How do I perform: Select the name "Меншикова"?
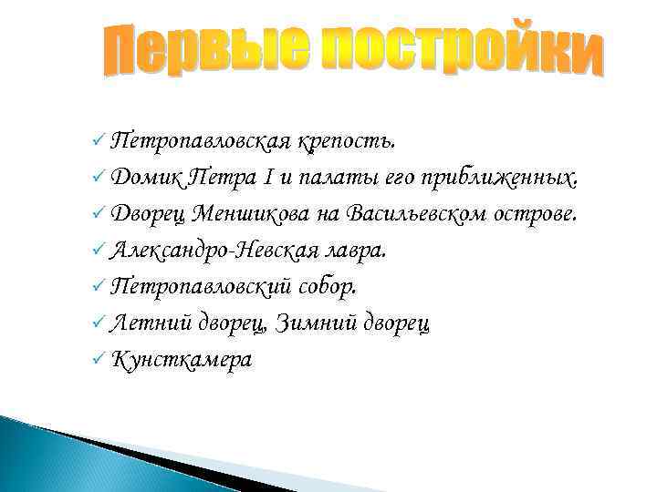[x=265, y=214]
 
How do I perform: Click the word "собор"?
[x=329, y=287]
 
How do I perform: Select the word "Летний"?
[x=149, y=323]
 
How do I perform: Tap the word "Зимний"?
[x=309, y=323]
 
